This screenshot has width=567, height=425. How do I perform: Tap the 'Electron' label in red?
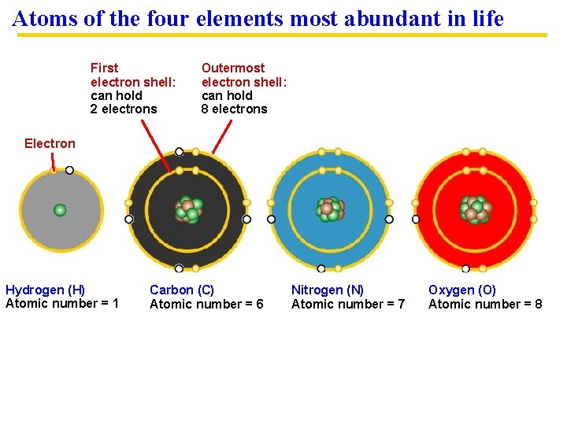50,143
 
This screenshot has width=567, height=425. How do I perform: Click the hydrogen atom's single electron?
69,170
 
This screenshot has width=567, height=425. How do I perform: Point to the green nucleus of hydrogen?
60,210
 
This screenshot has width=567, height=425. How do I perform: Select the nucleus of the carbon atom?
187,209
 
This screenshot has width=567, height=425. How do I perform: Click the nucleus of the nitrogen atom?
330,209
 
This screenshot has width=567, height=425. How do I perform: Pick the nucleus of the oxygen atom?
475,209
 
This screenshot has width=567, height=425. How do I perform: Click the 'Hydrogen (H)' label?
45,290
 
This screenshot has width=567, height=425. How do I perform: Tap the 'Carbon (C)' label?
181,290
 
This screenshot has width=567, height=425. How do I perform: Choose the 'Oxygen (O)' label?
462,290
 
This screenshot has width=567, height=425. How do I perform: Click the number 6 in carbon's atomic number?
259,304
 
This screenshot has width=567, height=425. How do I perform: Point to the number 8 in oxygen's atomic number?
538,304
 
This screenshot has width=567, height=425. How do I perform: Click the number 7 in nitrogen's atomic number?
401,304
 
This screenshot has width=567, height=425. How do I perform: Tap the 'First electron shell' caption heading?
132,75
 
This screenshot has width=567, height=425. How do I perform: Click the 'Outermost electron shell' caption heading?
244,75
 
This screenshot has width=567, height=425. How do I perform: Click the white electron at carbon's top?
180,152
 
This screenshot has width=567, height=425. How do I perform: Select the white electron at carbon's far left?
129,219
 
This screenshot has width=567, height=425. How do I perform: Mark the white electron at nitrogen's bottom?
321,268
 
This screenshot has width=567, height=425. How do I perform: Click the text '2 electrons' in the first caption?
124,109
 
